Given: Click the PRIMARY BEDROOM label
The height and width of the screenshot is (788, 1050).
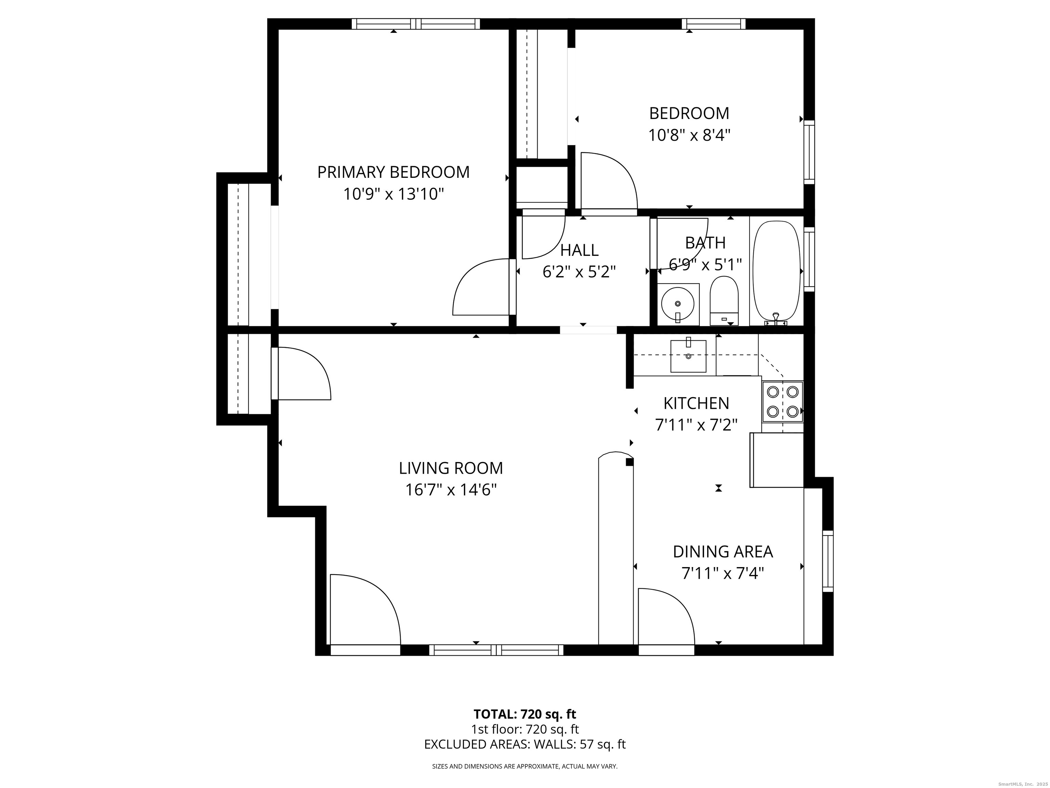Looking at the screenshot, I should point(393,172).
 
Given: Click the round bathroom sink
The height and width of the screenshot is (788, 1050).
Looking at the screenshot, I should point(678,303).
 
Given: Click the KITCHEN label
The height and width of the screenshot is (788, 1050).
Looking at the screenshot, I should point(696,403).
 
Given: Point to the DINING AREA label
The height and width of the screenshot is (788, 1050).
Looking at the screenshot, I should point(723,551).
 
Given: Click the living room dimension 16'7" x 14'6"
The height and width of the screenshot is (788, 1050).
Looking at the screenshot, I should point(450,490).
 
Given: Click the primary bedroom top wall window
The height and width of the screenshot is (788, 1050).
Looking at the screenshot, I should point(415,24).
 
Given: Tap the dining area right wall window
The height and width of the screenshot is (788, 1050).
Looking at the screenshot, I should point(827,561).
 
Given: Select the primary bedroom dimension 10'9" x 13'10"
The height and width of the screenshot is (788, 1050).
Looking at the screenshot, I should point(393,194).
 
